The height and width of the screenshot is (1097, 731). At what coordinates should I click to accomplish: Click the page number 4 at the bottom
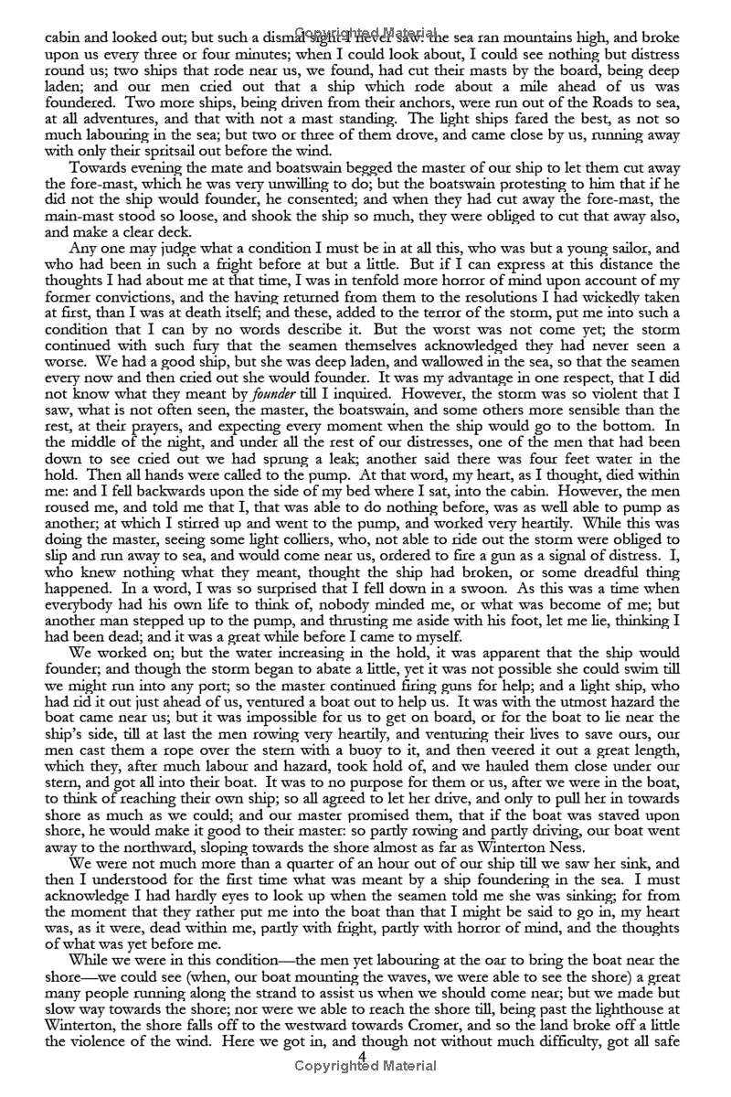[363, 1057]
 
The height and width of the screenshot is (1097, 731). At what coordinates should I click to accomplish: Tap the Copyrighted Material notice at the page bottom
[365, 1066]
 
